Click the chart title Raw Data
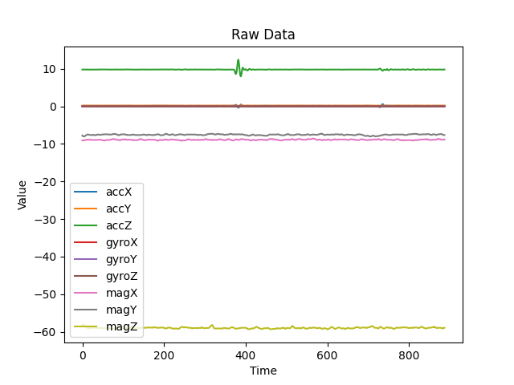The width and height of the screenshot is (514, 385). [263, 34]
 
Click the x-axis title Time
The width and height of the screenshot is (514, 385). [263, 371]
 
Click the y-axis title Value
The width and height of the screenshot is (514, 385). [22, 195]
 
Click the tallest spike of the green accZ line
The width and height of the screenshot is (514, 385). [238, 60]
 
